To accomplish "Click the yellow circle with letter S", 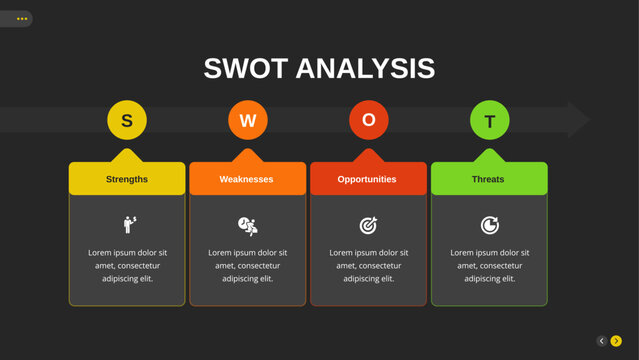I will pyautogui.click(x=127, y=121).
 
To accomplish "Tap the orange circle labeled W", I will pyautogui.click(x=248, y=121).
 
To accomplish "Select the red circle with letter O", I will pyautogui.click(x=369, y=121).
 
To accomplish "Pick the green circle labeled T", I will pyautogui.click(x=490, y=121).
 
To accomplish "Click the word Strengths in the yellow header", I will pyautogui.click(x=127, y=179).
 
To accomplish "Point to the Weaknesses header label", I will pyautogui.click(x=247, y=179).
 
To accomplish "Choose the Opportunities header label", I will pyautogui.click(x=368, y=179).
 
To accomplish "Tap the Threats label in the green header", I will pyautogui.click(x=489, y=179).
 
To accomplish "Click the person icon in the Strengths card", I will pyautogui.click(x=129, y=224).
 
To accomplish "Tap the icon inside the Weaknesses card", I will pyautogui.click(x=248, y=225).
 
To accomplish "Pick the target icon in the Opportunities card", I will pyautogui.click(x=368, y=225).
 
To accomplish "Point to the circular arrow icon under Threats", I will pyautogui.click(x=489, y=225).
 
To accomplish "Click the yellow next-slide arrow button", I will pyautogui.click(x=616, y=341).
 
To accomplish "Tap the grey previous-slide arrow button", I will pyautogui.click(x=602, y=341).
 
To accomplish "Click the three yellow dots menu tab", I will pyautogui.click(x=21, y=19).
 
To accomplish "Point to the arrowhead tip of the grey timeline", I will pyautogui.click(x=586, y=121).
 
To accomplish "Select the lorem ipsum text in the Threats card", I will pyautogui.click(x=489, y=265).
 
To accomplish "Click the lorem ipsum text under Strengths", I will pyautogui.click(x=127, y=265).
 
